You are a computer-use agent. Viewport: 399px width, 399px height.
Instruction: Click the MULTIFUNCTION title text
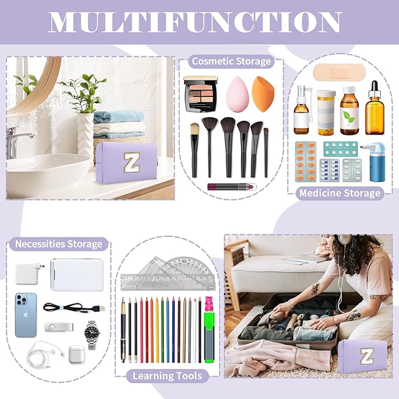coord(199,22)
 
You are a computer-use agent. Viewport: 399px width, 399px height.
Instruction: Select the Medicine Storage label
coord(340,193)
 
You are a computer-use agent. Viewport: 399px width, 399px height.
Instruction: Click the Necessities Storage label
coord(58,244)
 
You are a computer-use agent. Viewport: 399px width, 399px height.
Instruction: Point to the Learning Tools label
coord(167,376)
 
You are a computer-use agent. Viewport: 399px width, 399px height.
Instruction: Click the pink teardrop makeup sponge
coord(237,94)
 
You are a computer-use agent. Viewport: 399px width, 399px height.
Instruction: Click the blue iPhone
coord(26,315)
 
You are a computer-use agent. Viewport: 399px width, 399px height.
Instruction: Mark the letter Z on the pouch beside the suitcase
coord(367,356)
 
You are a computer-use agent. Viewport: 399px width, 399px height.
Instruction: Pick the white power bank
coord(76,274)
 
